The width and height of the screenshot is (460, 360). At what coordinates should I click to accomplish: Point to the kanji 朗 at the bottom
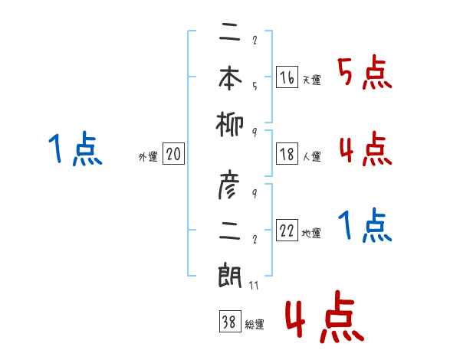[x=230, y=275]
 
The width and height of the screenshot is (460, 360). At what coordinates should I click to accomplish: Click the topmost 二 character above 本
[x=230, y=34]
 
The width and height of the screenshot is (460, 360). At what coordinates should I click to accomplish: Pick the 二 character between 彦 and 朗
[x=230, y=231]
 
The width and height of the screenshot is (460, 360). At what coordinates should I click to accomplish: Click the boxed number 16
[x=286, y=77]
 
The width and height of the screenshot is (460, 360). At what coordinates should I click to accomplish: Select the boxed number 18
[x=286, y=154]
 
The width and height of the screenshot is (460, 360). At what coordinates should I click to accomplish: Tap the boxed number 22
[x=286, y=231]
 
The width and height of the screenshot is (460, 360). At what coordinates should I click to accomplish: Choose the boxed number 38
[x=228, y=322]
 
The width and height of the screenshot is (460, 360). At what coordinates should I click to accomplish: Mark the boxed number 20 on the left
[x=173, y=154]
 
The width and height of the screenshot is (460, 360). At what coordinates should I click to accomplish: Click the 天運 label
[x=311, y=80]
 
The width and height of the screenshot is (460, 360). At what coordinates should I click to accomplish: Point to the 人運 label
[x=311, y=156]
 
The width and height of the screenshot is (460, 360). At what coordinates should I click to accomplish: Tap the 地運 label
[x=311, y=233]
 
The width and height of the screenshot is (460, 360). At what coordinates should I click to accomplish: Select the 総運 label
[x=254, y=325]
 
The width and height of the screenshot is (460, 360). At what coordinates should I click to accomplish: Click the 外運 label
[x=148, y=156]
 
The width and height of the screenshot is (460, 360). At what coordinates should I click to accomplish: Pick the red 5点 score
[x=365, y=74]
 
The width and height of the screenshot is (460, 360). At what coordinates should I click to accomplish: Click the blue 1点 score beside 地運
[x=365, y=227]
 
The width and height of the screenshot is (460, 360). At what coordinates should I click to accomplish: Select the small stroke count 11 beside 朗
[x=253, y=286]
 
